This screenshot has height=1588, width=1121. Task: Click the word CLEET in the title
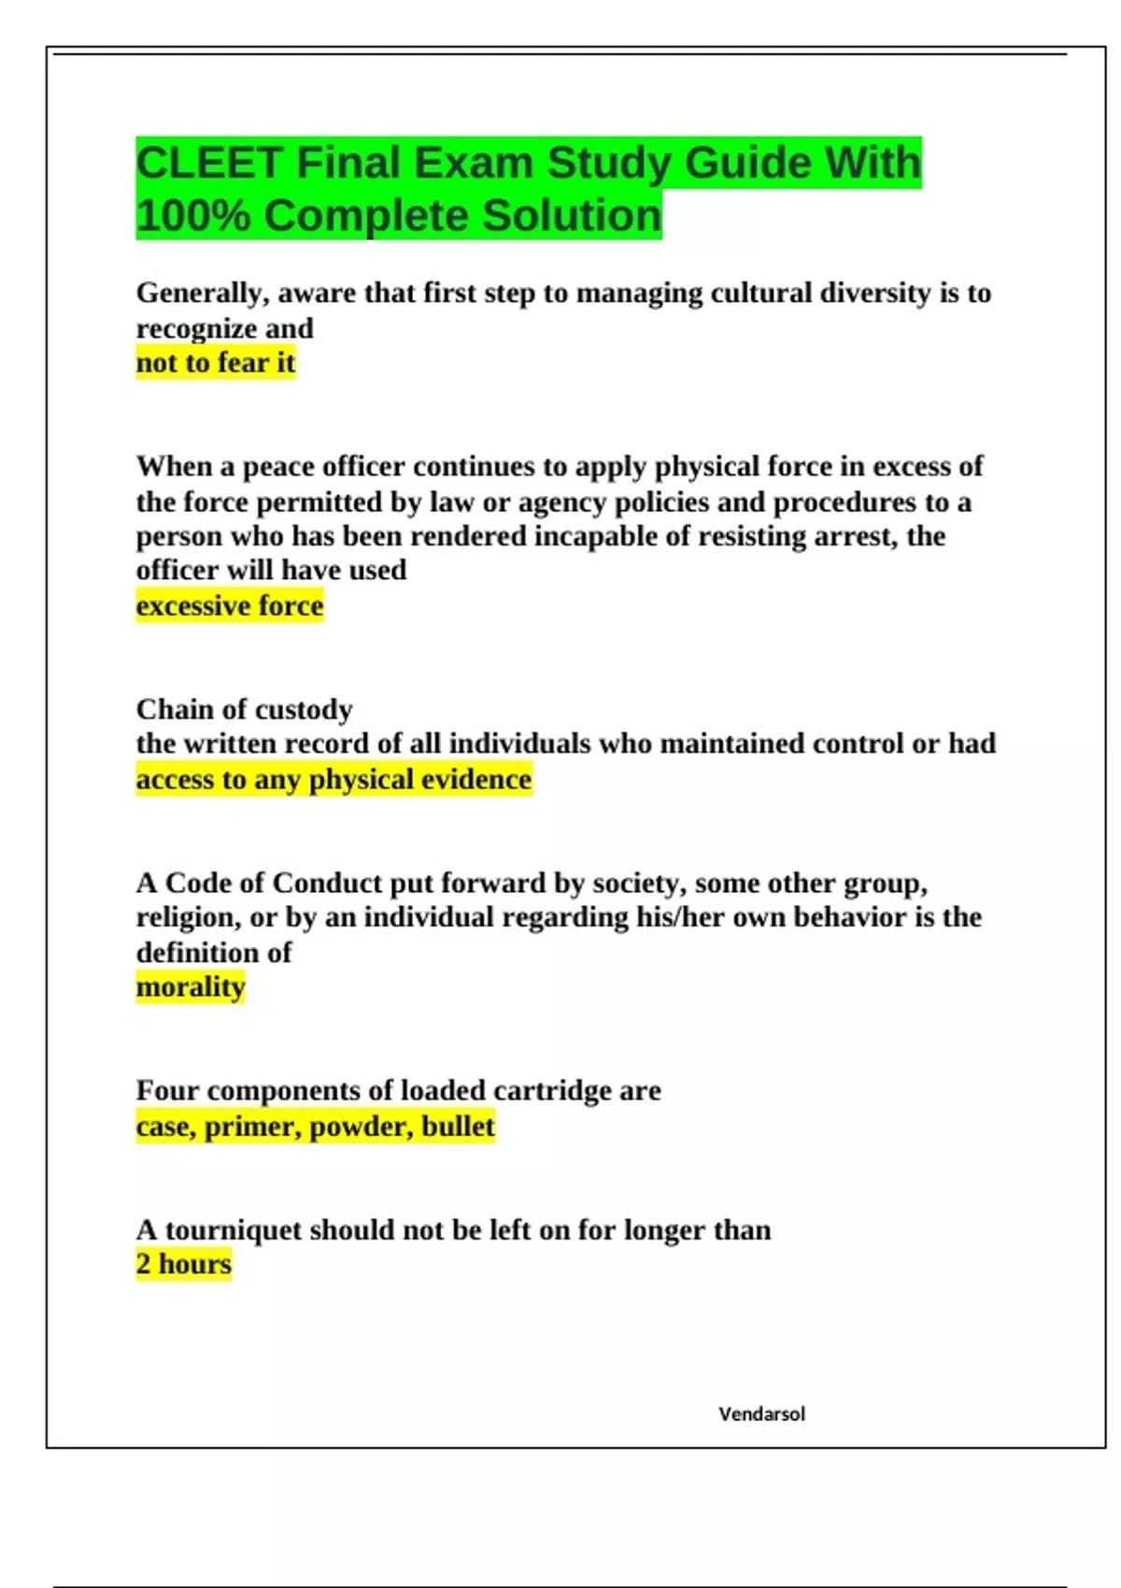pos(208,163)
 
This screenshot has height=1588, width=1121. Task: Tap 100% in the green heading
pos(193,216)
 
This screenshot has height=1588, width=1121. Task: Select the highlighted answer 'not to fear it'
pos(216,362)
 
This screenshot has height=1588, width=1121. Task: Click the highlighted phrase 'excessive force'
pos(230,606)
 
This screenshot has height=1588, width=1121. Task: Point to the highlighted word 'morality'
pos(191,987)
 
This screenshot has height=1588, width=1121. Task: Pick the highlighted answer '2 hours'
pos(183,1265)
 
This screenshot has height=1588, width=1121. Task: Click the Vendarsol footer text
pos(761,1414)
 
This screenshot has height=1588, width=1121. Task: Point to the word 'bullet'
pos(458,1127)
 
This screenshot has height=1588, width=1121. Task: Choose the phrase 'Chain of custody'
pos(244,710)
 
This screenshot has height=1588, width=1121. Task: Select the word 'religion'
pos(187,917)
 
